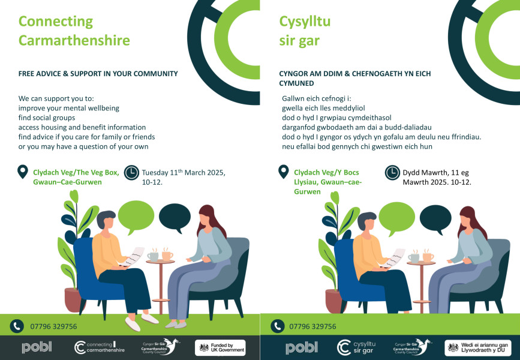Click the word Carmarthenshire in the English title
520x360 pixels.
pyautogui.click(x=74, y=40)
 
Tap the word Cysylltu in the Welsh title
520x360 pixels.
pyautogui.click(x=305, y=22)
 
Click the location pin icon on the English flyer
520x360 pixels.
pyautogui.click(x=23, y=172)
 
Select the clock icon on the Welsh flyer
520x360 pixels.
pyautogui.click(x=392, y=173)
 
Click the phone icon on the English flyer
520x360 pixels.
pyautogui.click(x=17, y=326)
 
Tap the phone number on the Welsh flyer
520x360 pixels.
pyautogui.click(x=312, y=326)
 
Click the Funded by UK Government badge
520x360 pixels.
pyautogui.click(x=220, y=348)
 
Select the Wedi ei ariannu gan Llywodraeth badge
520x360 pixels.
pyautogui.click(x=478, y=348)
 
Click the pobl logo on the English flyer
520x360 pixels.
pyautogui.click(x=37, y=347)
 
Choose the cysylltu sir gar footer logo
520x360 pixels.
pyautogui.click(x=356, y=347)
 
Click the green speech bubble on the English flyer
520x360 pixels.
pyautogui.click(x=136, y=217)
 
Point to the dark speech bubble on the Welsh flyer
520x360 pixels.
pyautogui.click(x=435, y=220)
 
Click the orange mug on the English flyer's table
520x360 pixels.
pyautogui.click(x=167, y=255)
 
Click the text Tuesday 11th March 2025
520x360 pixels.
pyautogui.click(x=184, y=173)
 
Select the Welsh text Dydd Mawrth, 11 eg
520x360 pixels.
pyautogui.click(x=436, y=173)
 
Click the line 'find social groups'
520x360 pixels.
pyautogui.click(x=47, y=118)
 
